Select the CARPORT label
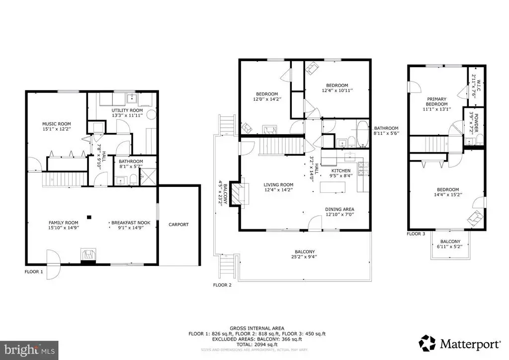click(178, 225)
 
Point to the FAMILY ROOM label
click(63, 222)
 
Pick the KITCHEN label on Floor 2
click(341, 171)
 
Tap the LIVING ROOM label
click(278, 184)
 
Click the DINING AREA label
click(339, 209)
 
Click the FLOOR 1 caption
click(34, 272)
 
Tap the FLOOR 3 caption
click(416, 233)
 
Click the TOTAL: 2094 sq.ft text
click(257, 344)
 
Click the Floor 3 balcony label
click(449, 242)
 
